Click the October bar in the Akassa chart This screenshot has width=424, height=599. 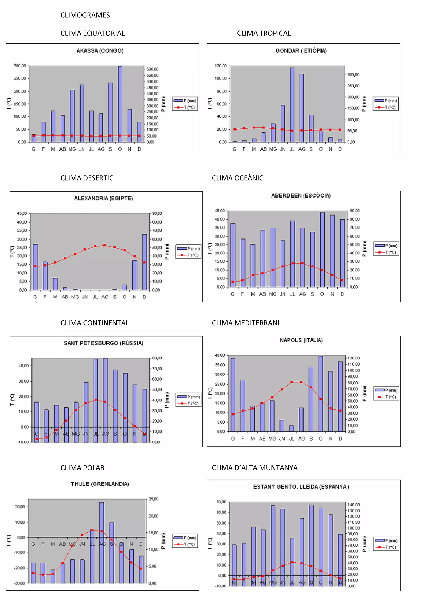tap(120, 104)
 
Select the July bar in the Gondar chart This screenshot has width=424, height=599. tap(292, 104)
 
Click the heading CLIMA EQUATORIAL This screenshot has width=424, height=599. tap(93, 33)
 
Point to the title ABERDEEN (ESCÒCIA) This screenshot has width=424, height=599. tap(301, 195)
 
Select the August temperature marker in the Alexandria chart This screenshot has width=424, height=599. tap(105, 245)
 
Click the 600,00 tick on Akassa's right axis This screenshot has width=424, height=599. tap(152, 69)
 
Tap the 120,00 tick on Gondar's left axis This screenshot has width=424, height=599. tap(221, 66)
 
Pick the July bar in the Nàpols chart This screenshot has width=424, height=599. tap(292, 428)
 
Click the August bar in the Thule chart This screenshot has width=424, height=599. tap(102, 543)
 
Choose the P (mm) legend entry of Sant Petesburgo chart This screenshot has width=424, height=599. tap(189, 397)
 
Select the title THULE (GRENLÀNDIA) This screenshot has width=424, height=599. tap(100, 484)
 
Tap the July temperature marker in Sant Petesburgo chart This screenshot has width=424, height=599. tap(96, 400)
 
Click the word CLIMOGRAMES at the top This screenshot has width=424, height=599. tap(85, 15)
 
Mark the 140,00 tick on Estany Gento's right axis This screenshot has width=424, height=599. tap(354, 504)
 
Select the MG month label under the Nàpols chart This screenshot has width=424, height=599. tap(272, 438)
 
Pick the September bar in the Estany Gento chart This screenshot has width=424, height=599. tap(311, 545)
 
